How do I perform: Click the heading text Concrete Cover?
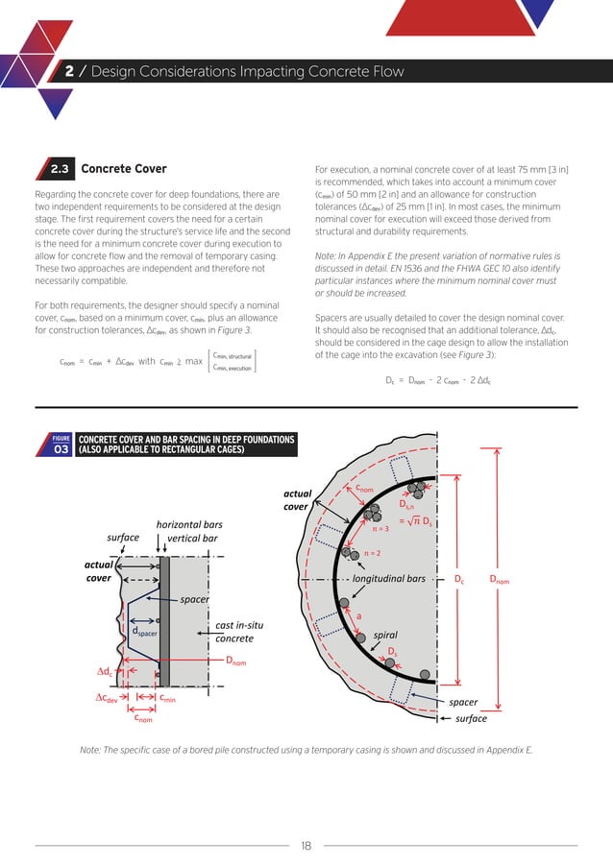(124, 170)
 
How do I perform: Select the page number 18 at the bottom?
(306, 846)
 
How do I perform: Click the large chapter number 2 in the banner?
(71, 72)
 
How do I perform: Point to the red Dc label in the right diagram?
(459, 580)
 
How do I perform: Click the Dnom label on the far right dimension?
(501, 580)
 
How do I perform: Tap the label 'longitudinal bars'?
(388, 580)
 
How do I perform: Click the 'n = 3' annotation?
(380, 528)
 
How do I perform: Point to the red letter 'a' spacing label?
(359, 616)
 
